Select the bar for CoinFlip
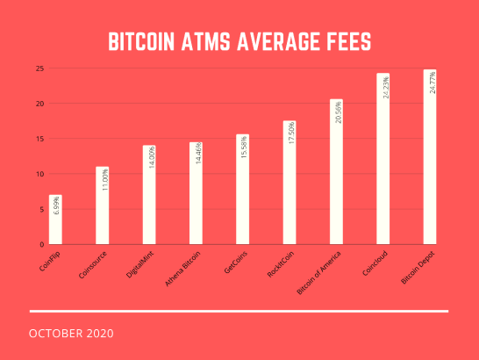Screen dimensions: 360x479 click(x=55, y=220)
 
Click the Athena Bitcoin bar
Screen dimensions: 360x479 click(x=196, y=193)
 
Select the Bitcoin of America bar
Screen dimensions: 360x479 click(x=336, y=172)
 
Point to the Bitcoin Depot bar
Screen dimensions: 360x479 click(x=429, y=157)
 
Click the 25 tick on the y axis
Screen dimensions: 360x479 click(x=39, y=68)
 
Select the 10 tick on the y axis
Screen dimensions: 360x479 click(x=39, y=174)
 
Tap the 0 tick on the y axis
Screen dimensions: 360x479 click(x=41, y=244)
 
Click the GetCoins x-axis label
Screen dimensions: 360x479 click(x=235, y=260)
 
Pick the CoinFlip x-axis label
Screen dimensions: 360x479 click(x=49, y=260)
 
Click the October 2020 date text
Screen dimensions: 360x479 click(x=71, y=335)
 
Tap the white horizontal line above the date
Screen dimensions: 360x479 click(x=239, y=311)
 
